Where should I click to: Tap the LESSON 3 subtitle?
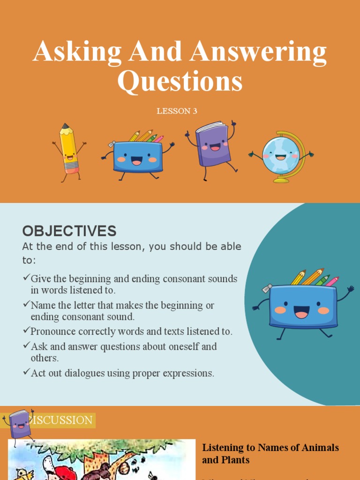click(180, 111)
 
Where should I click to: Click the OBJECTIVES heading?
click(69, 231)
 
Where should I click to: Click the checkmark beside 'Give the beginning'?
click(26, 278)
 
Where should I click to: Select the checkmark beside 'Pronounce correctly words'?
click(26, 330)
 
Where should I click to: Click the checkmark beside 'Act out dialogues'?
click(26, 373)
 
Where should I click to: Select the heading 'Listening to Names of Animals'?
click(270, 448)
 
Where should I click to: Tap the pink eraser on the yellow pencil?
click(72, 168)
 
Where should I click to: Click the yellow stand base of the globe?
click(281, 180)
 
